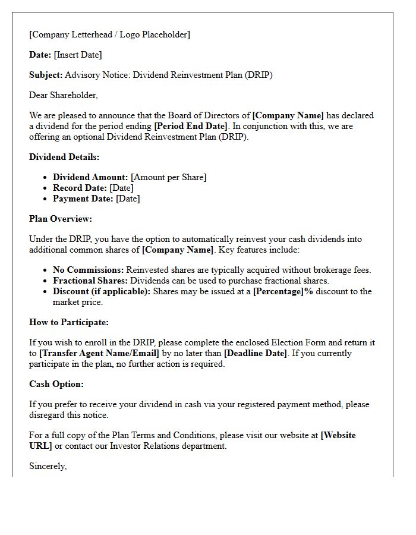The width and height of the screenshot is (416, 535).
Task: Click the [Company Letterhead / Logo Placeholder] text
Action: (x=109, y=34)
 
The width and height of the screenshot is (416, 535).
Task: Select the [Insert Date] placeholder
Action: (x=78, y=55)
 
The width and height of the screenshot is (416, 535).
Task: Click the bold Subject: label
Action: (x=46, y=75)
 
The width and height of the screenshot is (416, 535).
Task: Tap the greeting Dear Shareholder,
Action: (x=64, y=95)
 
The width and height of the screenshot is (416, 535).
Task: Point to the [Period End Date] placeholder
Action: (x=190, y=125)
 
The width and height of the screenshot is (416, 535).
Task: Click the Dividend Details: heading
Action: (x=64, y=157)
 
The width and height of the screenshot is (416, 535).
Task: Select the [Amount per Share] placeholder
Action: (x=169, y=177)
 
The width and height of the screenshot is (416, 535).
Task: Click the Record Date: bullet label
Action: (x=80, y=188)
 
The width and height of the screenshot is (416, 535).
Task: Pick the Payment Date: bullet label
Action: (x=83, y=199)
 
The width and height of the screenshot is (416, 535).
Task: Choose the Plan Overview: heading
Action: (x=61, y=219)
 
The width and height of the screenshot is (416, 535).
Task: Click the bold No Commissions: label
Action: (x=88, y=270)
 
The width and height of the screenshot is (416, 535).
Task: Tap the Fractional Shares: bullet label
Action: (x=90, y=281)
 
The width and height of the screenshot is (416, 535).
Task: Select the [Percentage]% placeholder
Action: (x=283, y=291)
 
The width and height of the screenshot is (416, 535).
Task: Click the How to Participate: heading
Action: (x=69, y=322)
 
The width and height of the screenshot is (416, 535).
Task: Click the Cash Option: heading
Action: (x=56, y=384)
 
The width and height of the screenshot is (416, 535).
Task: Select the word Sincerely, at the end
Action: (x=48, y=466)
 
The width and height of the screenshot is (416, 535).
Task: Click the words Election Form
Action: (x=297, y=342)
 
